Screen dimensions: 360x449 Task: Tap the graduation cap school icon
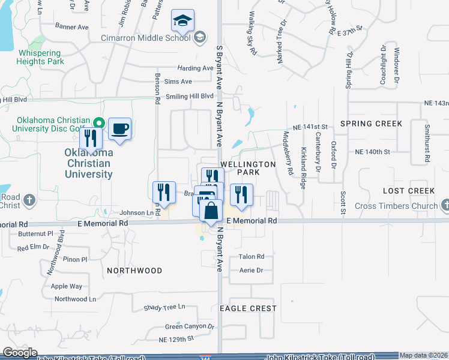[x=182, y=22]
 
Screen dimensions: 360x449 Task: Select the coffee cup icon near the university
[x=119, y=128]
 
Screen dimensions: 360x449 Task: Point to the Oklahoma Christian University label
[x=88, y=163]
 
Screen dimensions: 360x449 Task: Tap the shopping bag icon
[x=211, y=212]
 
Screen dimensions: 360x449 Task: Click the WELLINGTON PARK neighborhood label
[x=240, y=168]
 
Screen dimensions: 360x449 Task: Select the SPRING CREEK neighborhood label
[x=371, y=124]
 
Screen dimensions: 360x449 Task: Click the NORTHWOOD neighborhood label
[x=134, y=271]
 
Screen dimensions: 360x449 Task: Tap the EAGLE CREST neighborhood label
[x=248, y=308]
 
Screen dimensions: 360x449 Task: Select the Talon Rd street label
[x=252, y=257]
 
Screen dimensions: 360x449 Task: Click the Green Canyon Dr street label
[x=190, y=327]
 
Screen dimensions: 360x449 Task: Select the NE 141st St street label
[x=310, y=127]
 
